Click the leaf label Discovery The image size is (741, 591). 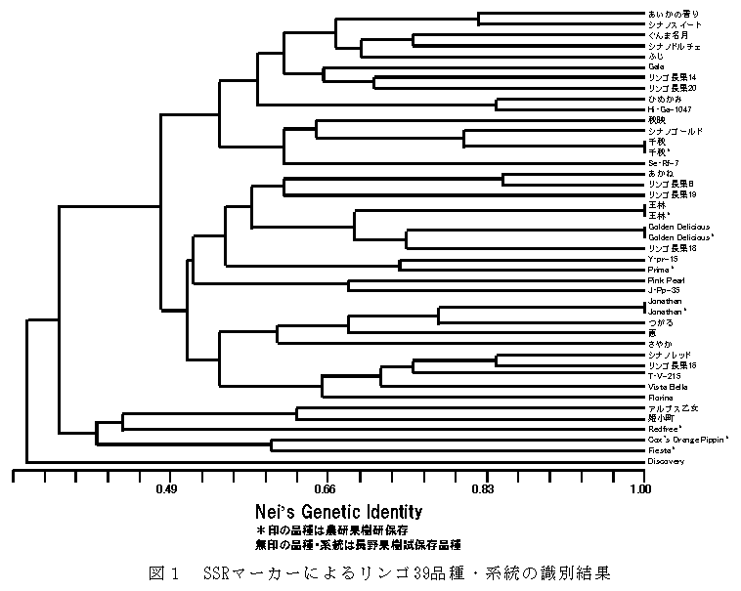[x=665, y=461]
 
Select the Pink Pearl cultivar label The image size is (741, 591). [x=664, y=280]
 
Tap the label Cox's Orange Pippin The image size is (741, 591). [x=687, y=440]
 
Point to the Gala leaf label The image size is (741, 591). [x=655, y=66]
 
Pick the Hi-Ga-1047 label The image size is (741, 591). [x=670, y=109]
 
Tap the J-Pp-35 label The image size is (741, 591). [x=662, y=290]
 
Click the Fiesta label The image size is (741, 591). [x=662, y=450]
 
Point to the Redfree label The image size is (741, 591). [x=665, y=429]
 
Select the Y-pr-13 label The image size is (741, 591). [x=662, y=259]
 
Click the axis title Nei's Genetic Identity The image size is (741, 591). [x=338, y=511]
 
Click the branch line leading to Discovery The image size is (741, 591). [x=332, y=461]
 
